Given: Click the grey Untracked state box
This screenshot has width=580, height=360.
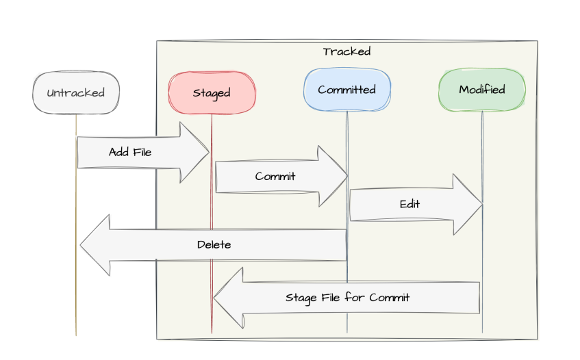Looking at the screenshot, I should click(76, 93).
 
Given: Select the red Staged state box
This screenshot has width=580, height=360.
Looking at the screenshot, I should click(212, 93).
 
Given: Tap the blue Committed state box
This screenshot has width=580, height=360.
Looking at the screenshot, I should click(346, 90).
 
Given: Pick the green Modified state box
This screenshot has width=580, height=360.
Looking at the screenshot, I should click(482, 90).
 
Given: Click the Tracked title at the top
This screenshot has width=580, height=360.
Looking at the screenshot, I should click(346, 52).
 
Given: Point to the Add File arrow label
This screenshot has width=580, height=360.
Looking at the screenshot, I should click(130, 153).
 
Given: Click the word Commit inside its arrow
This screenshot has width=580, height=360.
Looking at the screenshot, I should click(275, 177).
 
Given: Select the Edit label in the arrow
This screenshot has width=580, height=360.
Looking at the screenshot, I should click(409, 204).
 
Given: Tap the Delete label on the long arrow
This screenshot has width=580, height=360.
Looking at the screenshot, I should click(214, 244).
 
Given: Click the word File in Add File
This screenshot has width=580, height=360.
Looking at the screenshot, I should click(141, 153).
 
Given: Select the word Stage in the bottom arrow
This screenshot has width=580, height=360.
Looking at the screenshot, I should click(299, 298).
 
